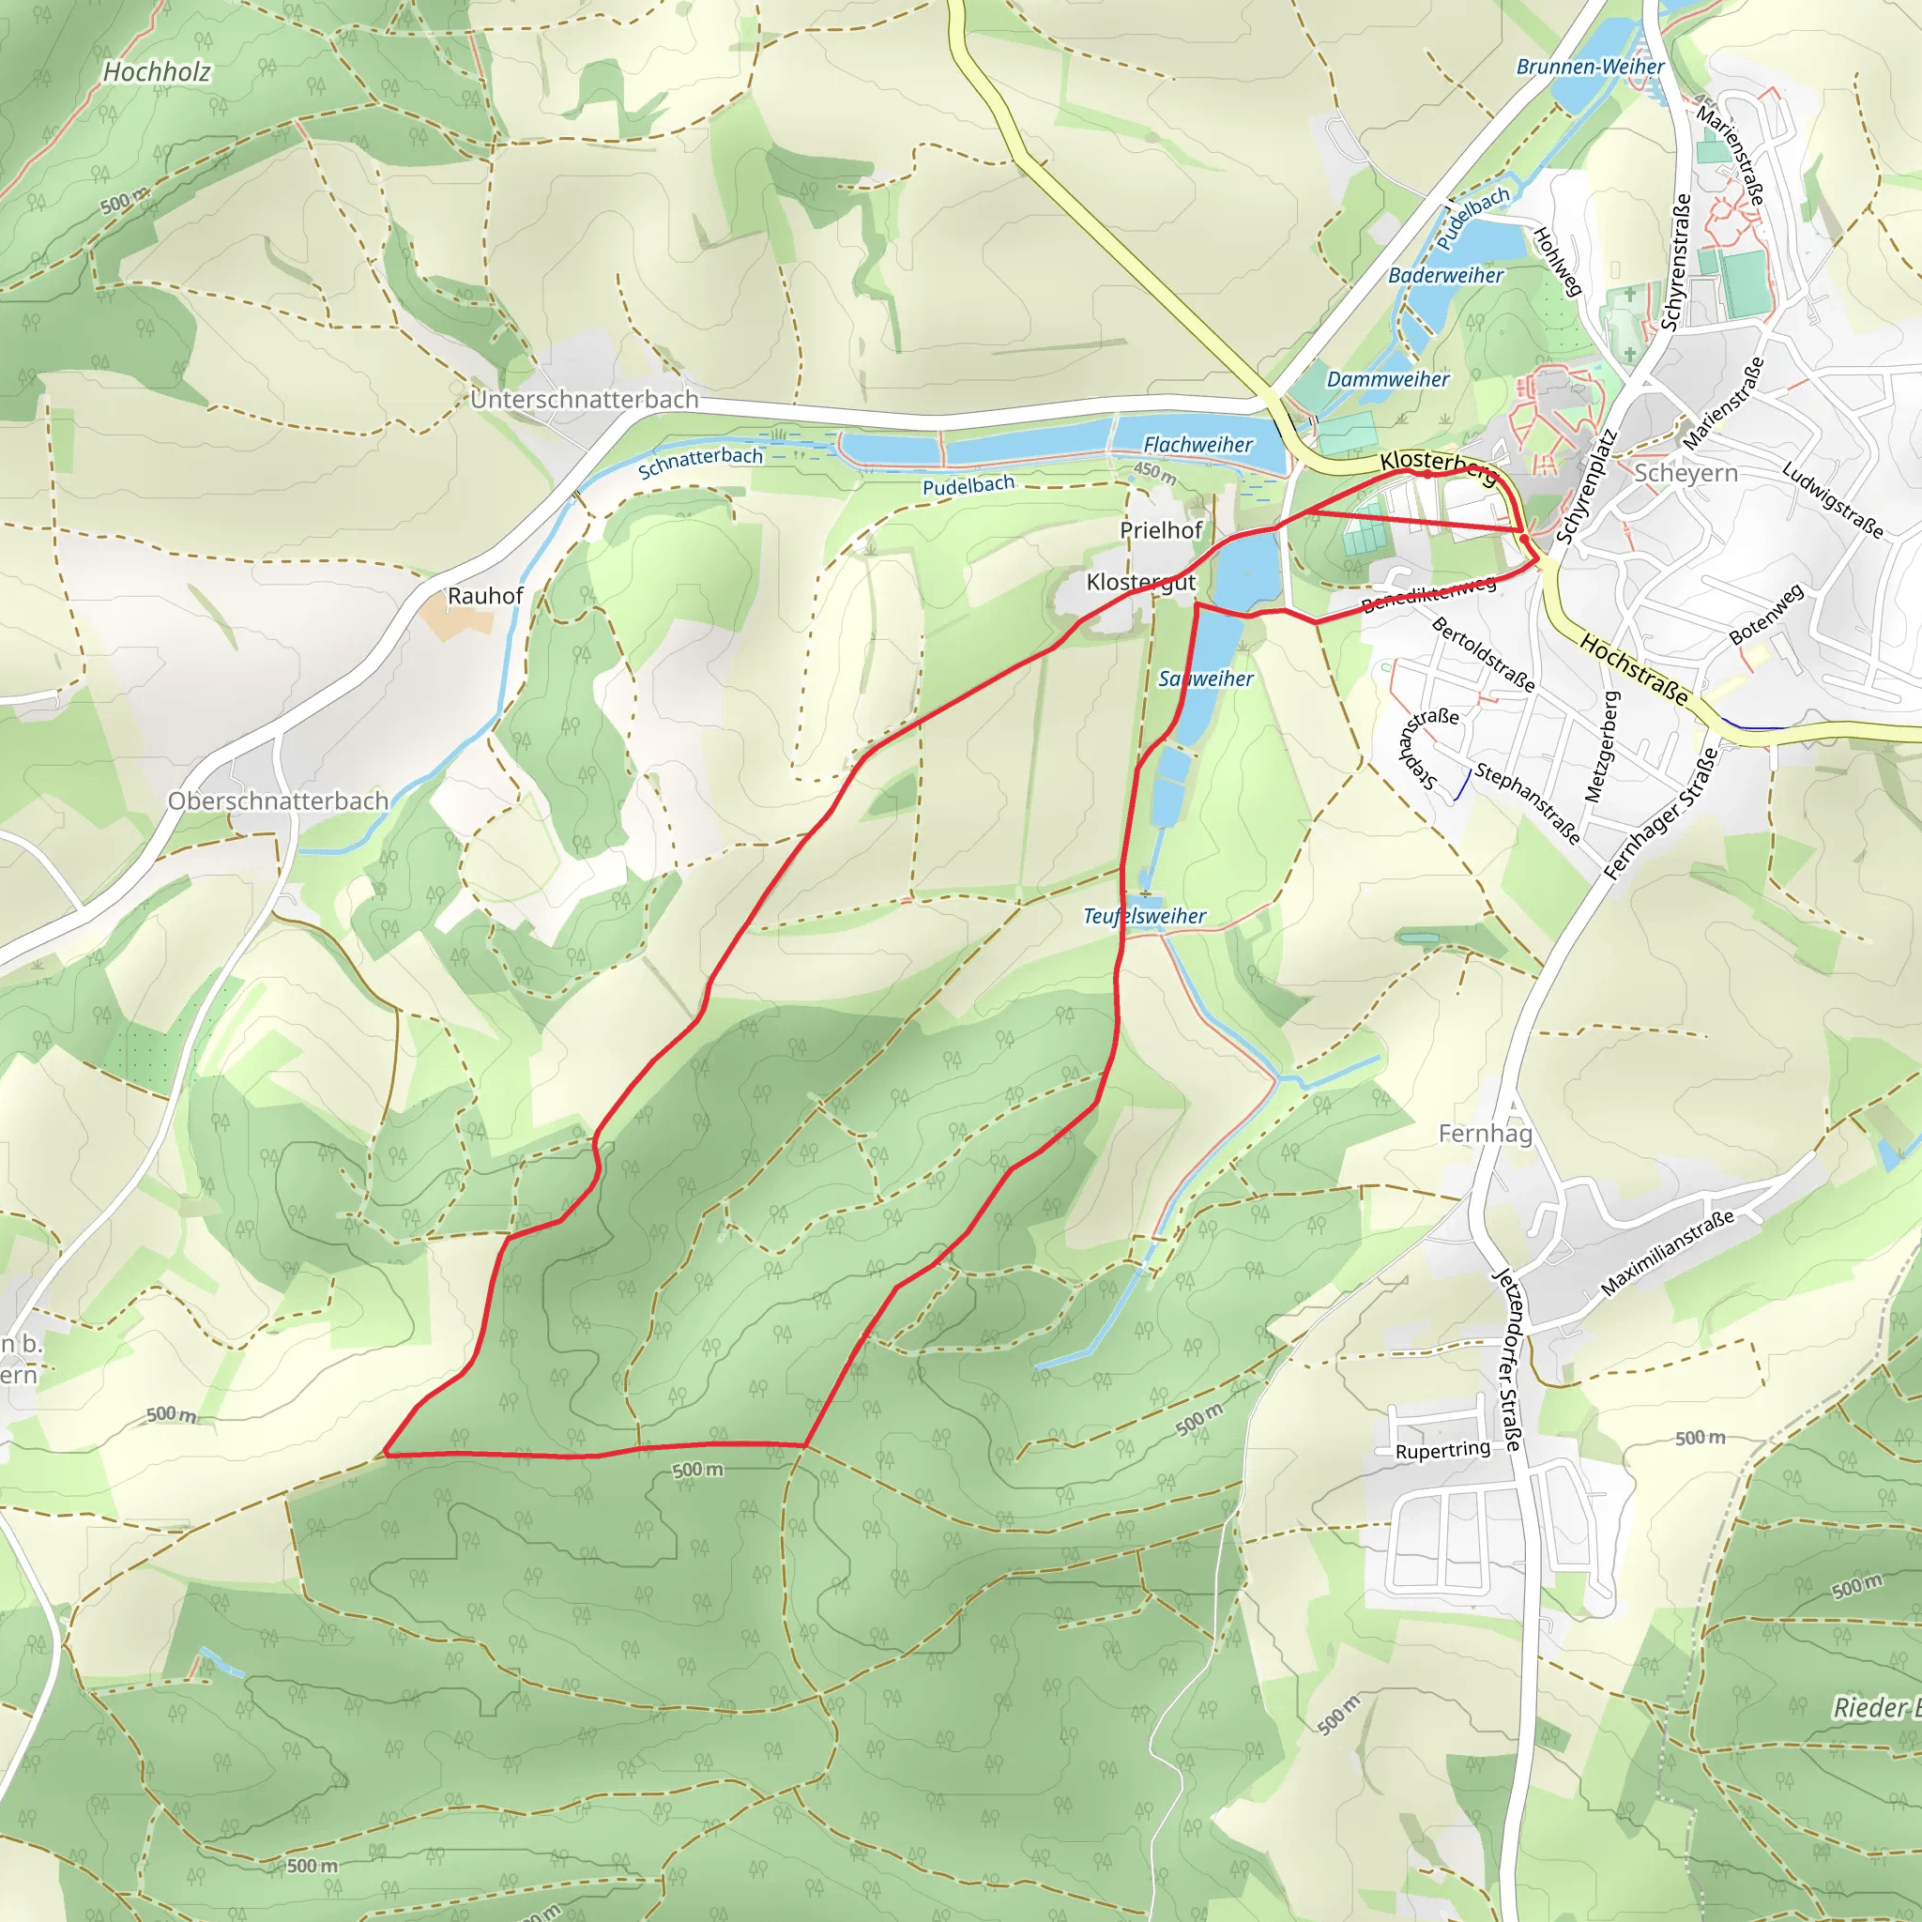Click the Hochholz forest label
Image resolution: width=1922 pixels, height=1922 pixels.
tap(156, 71)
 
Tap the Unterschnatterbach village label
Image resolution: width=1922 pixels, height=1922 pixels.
tap(584, 400)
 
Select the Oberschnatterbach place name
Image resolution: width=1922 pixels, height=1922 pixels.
tap(278, 801)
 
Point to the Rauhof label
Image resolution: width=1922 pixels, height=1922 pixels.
tap(484, 596)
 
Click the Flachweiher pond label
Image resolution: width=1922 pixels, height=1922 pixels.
tap(1197, 445)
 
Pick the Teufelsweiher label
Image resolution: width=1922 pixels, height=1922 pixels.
tap(1144, 916)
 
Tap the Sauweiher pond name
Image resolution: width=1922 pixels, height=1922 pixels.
tap(1206, 679)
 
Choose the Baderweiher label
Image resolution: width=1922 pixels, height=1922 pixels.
tap(1445, 276)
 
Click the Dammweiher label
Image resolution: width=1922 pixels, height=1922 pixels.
tap(1388, 379)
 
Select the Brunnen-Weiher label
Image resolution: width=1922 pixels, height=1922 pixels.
tap(1590, 67)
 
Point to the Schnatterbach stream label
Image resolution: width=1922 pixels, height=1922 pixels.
tap(700, 462)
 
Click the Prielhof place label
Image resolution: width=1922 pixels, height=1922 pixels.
tap(1161, 530)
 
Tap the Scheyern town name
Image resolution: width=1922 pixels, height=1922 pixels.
tap(1686, 474)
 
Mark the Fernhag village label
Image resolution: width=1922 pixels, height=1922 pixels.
tap(1486, 1133)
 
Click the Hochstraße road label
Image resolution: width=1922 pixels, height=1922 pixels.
tap(1634, 670)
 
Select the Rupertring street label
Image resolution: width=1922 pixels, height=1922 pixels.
tap(1442, 1451)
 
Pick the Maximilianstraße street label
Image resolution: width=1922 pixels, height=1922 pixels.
tap(1668, 1253)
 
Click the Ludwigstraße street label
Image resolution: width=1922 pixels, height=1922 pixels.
tap(1833, 500)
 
